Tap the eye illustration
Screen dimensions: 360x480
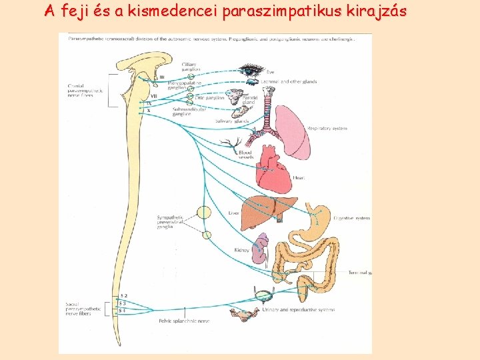coord(252,69)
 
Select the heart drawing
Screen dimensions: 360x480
coord(273,167)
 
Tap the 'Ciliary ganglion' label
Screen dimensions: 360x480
coord(189,67)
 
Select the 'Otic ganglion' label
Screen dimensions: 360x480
coord(210,98)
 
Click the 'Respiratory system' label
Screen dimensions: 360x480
coord(327,128)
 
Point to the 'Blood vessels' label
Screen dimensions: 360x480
coord(245,155)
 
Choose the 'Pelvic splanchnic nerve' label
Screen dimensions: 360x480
coord(184,321)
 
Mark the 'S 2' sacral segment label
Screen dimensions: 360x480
coord(123,295)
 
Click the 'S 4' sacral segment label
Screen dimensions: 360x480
coord(123,311)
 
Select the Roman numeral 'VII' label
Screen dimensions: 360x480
coord(154,97)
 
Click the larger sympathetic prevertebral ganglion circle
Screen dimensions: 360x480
coord(203,213)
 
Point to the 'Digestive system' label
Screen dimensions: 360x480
coord(354,218)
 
